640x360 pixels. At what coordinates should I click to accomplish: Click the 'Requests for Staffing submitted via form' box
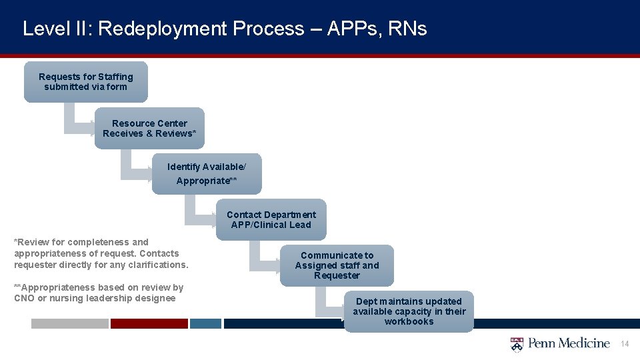point(85,82)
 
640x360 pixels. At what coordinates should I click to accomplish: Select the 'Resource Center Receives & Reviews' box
point(149,128)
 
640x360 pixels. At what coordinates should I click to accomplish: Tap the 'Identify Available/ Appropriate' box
point(207,173)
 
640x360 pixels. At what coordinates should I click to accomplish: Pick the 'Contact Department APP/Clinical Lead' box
point(271,219)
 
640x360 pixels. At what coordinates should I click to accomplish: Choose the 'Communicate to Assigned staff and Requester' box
point(337,265)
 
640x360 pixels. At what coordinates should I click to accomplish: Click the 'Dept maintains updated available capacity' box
point(409,311)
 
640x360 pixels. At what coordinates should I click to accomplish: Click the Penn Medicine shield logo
point(517,344)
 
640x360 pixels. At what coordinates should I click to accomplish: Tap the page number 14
point(625,344)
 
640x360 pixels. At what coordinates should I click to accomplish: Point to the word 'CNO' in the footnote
point(23,298)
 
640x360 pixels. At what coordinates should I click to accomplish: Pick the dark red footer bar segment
point(149,323)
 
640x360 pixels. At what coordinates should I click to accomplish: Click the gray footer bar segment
point(69,323)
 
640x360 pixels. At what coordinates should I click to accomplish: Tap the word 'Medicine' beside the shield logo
point(585,343)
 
